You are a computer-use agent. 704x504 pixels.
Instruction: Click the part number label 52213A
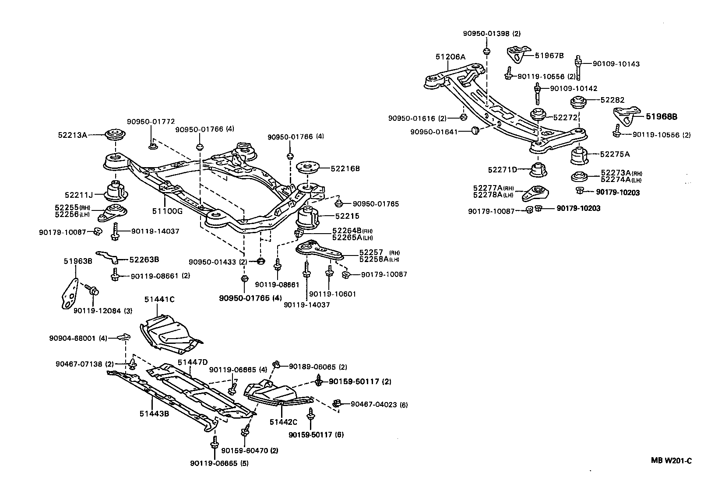pos(72,135)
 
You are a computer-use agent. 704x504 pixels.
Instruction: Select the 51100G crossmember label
pos(167,211)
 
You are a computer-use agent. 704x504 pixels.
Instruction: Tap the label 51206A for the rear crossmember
pos(451,57)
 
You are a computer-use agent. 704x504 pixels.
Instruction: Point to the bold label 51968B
pos(662,117)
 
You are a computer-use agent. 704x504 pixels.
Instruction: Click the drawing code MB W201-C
pos(670,461)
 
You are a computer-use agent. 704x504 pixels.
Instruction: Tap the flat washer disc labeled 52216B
pos(310,168)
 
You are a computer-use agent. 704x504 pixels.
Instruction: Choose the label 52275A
pos(615,154)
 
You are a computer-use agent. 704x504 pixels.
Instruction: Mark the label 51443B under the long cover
pos(154,413)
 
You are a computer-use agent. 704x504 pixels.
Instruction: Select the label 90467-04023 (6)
pos(379,405)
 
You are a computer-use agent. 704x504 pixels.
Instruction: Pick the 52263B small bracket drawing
pos(107,257)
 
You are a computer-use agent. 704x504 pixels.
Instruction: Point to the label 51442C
pos(283,422)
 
